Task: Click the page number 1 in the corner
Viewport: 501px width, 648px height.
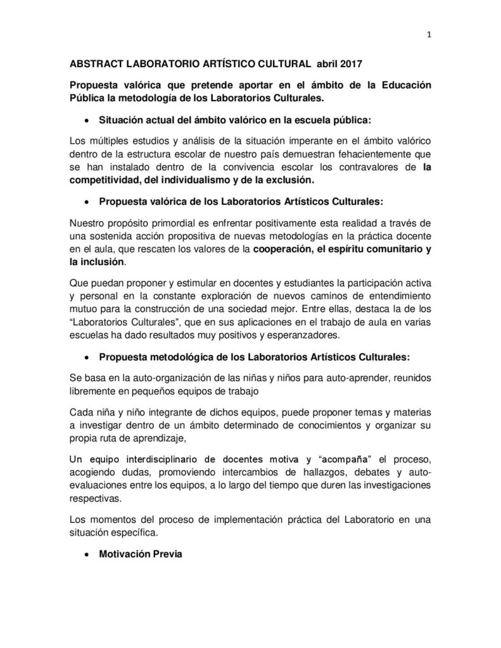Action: click(429, 35)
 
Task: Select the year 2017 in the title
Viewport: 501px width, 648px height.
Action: click(353, 65)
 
